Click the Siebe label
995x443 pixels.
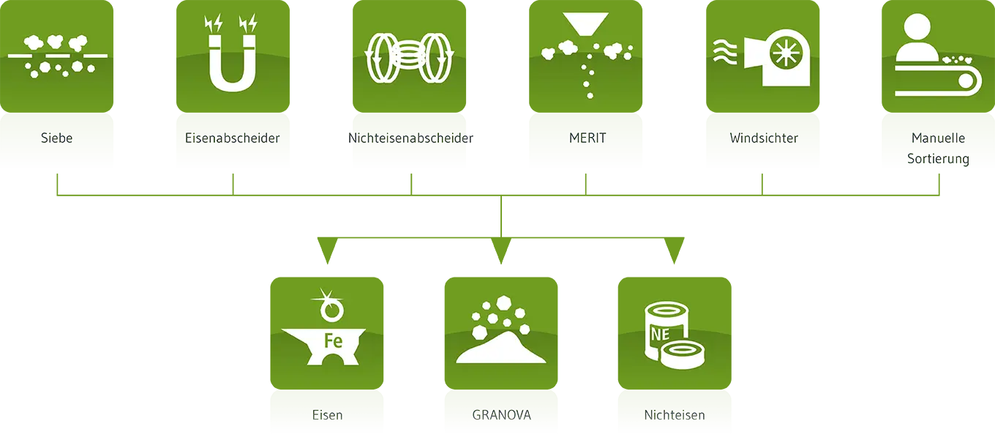pyautogui.click(x=57, y=138)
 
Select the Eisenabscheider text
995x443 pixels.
pyautogui.click(x=233, y=138)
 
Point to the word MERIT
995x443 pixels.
pyautogui.click(x=587, y=138)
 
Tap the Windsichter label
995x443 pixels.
pyautogui.click(x=764, y=138)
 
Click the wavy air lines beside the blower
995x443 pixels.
pyautogui.click(x=726, y=53)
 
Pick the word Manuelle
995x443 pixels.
pyautogui.click(x=939, y=138)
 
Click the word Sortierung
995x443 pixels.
pyautogui.click(x=939, y=158)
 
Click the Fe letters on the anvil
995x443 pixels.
pyautogui.click(x=334, y=340)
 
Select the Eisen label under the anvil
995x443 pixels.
pyautogui.click(x=327, y=415)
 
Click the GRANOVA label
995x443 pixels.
pyautogui.click(x=502, y=415)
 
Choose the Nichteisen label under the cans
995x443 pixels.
pyautogui.click(x=675, y=415)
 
